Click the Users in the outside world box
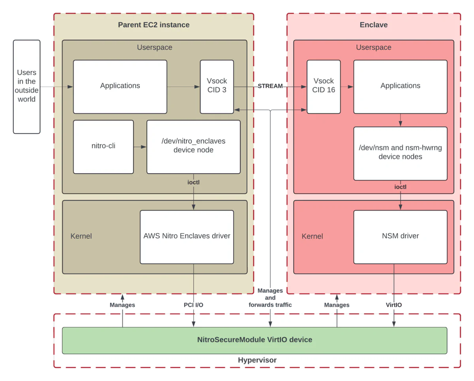click(x=26, y=86)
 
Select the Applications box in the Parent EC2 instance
click(x=120, y=86)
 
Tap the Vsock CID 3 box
click(x=217, y=86)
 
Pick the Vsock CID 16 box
click(x=324, y=86)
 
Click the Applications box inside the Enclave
click(x=400, y=86)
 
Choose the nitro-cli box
click(x=103, y=146)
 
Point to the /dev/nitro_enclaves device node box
click(x=193, y=146)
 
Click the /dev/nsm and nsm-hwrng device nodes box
click(x=400, y=153)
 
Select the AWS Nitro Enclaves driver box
click(x=186, y=236)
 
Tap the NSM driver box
click(x=400, y=236)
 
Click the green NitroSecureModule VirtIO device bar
click(x=254, y=340)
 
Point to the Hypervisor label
click(x=257, y=360)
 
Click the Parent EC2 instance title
click(x=154, y=25)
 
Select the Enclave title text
click(x=373, y=25)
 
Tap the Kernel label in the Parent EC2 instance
click(x=81, y=236)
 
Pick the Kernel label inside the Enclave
click(x=312, y=236)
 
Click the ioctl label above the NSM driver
click(x=400, y=187)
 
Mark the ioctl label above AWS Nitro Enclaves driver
click(x=194, y=183)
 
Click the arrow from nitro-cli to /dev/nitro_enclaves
click(x=140, y=147)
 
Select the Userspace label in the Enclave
click(x=373, y=47)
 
